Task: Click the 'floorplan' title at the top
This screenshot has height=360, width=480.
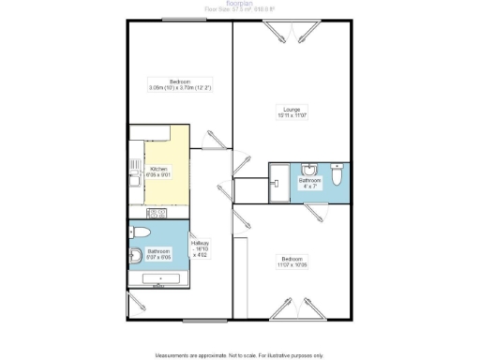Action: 239,4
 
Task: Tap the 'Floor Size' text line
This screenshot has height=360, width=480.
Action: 239,12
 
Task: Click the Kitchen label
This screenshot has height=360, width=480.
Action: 159,172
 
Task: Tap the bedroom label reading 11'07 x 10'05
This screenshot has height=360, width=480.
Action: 292,263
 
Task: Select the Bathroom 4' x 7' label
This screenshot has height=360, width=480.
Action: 310,182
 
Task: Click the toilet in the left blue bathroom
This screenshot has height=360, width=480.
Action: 140,232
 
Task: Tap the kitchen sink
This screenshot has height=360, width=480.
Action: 135,173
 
